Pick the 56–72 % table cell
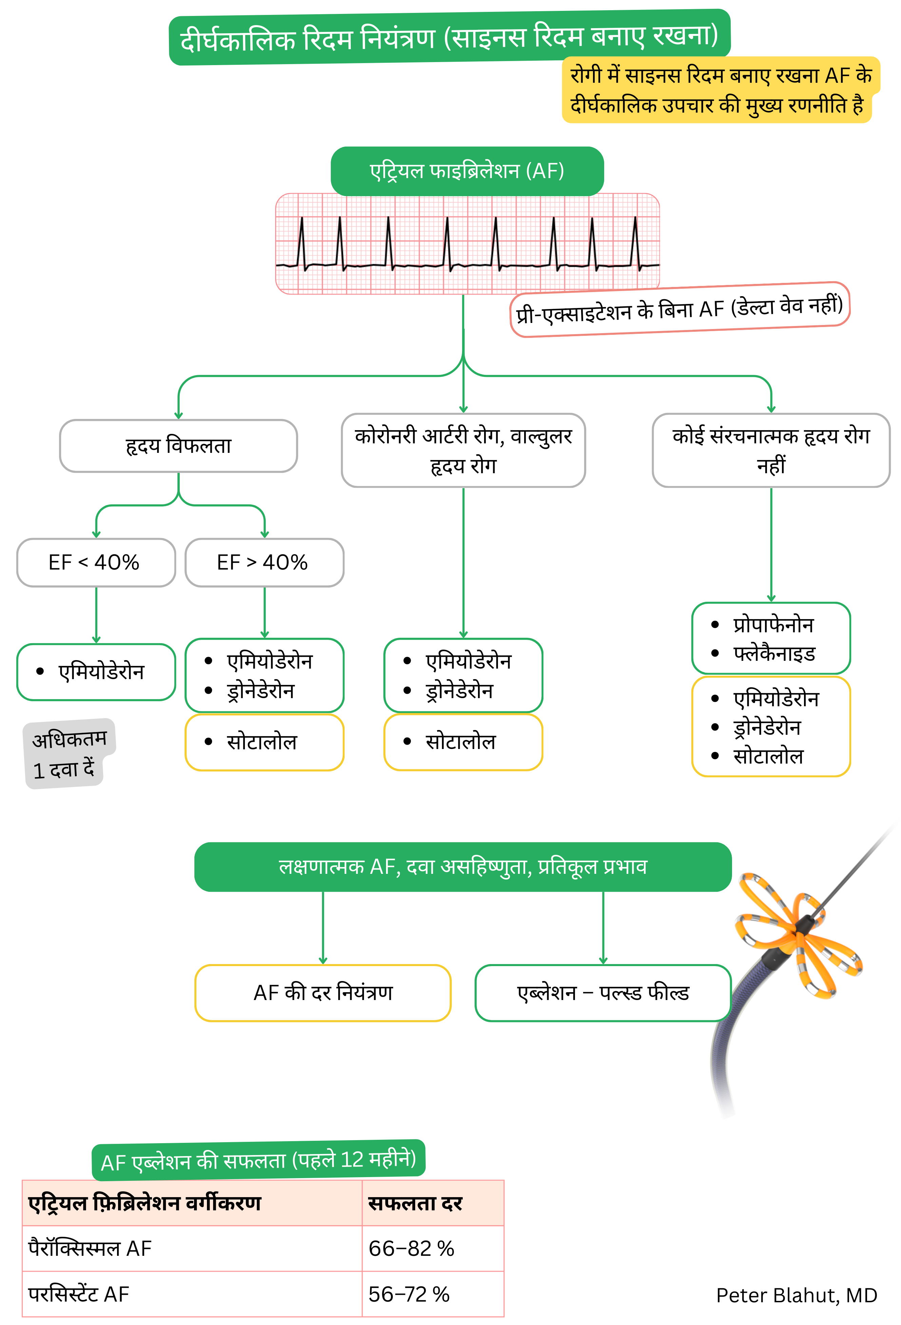[409, 1294]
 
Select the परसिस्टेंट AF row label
[79, 1294]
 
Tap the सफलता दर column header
[415, 1203]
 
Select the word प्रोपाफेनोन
[773, 625]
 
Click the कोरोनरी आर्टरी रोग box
[463, 450]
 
